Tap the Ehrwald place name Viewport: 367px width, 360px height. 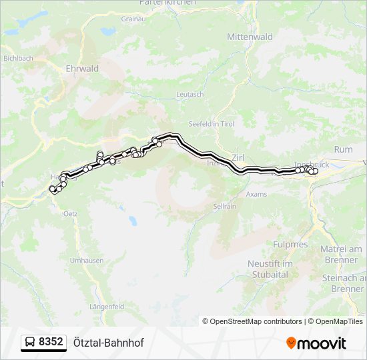[x=83, y=69]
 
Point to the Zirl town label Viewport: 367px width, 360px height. [x=238, y=157]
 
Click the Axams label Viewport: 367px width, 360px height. [x=256, y=194]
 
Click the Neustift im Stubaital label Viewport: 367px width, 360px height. [x=268, y=268]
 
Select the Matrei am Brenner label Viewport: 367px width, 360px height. [x=341, y=254]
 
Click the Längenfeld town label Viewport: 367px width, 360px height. [x=107, y=306]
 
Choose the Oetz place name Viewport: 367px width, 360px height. [x=70, y=213]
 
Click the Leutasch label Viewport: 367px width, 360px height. [x=190, y=95]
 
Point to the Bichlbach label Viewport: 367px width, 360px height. [x=19, y=59]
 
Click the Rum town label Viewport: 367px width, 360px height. [x=343, y=150]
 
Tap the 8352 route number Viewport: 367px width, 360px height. [x=51, y=342]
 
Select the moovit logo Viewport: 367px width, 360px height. [x=316, y=343]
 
